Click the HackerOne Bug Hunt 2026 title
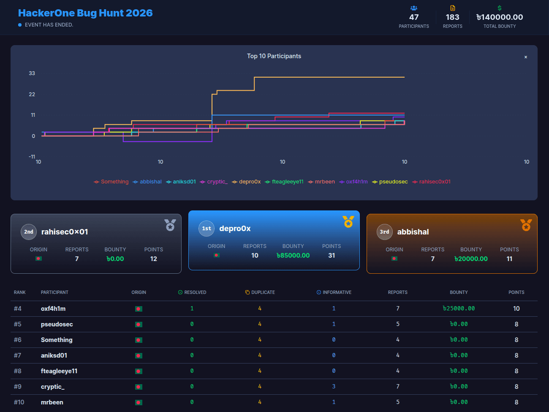coord(85,13)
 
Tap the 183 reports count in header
coord(452,17)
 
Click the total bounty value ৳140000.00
coord(500,17)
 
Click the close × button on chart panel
coord(526,57)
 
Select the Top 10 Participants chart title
coord(274,56)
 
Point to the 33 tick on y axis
coord(32,73)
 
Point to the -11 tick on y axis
coord(32,157)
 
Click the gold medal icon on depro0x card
coord(348,222)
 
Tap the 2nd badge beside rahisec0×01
coord(29,232)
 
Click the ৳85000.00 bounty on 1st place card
coord(293,256)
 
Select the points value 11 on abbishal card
coord(509,259)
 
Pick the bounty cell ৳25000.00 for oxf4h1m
coord(459,309)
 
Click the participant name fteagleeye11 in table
coord(59,371)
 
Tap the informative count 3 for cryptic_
coord(334,387)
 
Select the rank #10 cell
coord(19,402)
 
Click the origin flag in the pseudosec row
coord(139,325)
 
